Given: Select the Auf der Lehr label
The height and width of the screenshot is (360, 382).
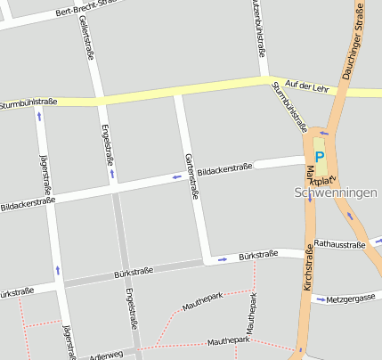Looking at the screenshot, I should [308, 86].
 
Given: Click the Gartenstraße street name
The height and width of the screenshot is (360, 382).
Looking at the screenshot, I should [191, 176].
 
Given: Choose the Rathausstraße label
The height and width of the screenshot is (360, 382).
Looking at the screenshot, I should [340, 243].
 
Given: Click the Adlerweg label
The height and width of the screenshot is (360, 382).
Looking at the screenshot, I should [106, 356].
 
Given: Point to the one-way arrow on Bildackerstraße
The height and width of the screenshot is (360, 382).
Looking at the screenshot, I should [177, 177].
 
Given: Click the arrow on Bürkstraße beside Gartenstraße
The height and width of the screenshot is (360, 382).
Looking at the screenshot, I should [222, 259].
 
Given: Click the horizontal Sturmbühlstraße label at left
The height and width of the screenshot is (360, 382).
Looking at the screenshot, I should [28, 102].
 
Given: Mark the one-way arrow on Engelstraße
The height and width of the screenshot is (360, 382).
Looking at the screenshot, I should [112, 173].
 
